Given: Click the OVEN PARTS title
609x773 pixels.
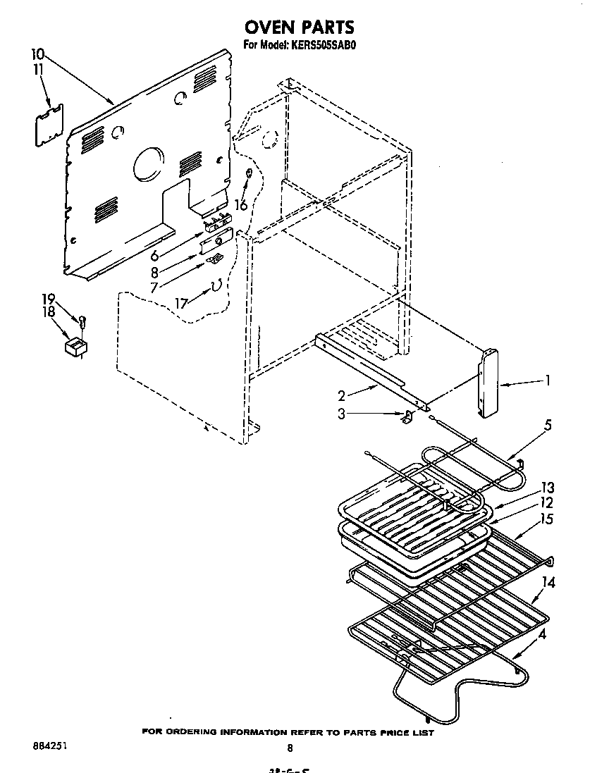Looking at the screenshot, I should [x=299, y=27].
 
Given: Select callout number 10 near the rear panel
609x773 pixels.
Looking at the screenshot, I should [x=38, y=54].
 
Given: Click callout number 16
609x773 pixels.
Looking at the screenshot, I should [x=241, y=204].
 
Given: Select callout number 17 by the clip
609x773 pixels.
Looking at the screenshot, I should [x=182, y=304].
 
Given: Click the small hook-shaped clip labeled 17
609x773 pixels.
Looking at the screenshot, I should [x=216, y=285].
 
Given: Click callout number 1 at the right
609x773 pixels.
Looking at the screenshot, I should [x=546, y=381].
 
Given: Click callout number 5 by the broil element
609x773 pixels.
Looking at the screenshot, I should [x=548, y=425].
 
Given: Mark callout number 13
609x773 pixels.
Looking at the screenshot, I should [x=547, y=488].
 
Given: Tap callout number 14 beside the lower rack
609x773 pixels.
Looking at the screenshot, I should [x=548, y=582].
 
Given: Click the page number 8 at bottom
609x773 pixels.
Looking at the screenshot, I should [x=289, y=748].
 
